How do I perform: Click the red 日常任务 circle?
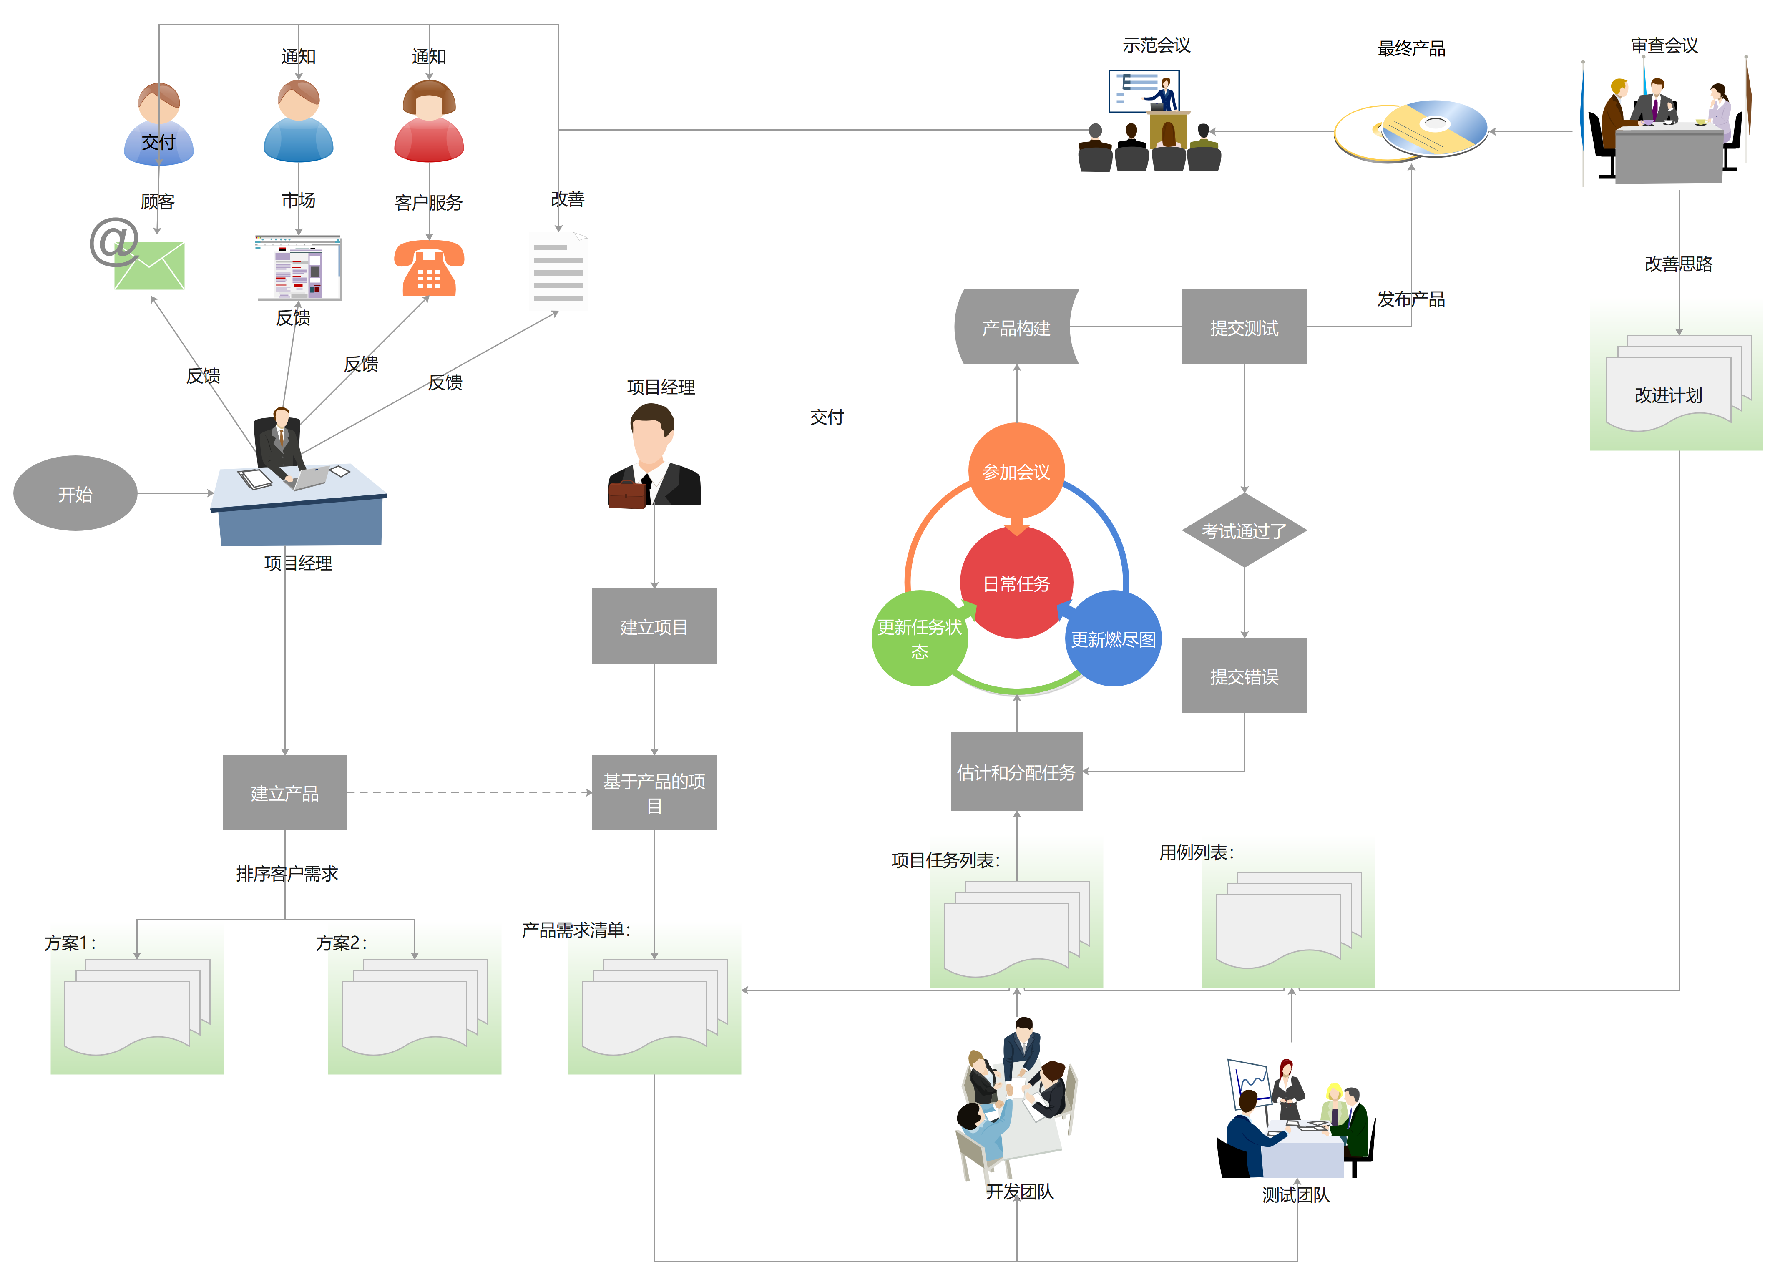[1017, 583]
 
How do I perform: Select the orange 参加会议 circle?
[1017, 471]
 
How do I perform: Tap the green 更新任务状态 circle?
[920, 638]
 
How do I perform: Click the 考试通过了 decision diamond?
[1245, 530]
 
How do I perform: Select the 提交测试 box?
[1245, 327]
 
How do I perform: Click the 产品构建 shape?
[1017, 327]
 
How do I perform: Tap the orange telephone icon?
[429, 269]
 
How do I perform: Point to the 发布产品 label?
[1411, 299]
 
